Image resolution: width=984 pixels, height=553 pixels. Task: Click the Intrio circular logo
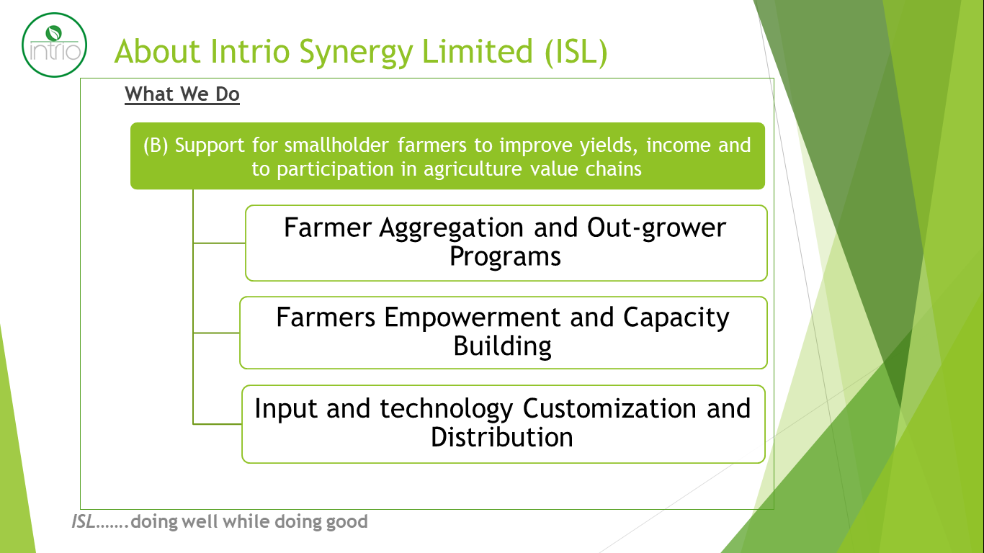tap(54, 45)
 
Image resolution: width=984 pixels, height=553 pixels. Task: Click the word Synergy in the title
tap(356, 53)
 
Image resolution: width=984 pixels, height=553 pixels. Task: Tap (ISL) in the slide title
tap(576, 52)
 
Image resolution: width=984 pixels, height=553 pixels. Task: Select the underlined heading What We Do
tap(182, 94)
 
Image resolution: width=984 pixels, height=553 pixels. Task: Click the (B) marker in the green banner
tap(156, 145)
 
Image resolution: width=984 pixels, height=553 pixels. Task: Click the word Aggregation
tap(451, 228)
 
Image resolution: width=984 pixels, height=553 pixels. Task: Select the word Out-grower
tap(656, 228)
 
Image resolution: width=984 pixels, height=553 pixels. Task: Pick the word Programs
tap(505, 256)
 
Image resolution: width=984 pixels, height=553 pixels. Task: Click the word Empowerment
tap(473, 317)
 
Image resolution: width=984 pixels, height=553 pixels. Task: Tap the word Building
tap(503, 346)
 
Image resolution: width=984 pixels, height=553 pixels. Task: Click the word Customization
tap(609, 408)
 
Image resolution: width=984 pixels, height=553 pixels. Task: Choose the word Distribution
tap(501, 437)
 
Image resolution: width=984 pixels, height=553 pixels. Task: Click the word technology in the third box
tap(447, 410)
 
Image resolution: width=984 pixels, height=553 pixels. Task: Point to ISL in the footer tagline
tap(84, 522)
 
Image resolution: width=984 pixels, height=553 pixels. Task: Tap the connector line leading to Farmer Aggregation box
tap(219, 243)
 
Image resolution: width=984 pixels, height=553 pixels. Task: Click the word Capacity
tap(676, 318)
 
